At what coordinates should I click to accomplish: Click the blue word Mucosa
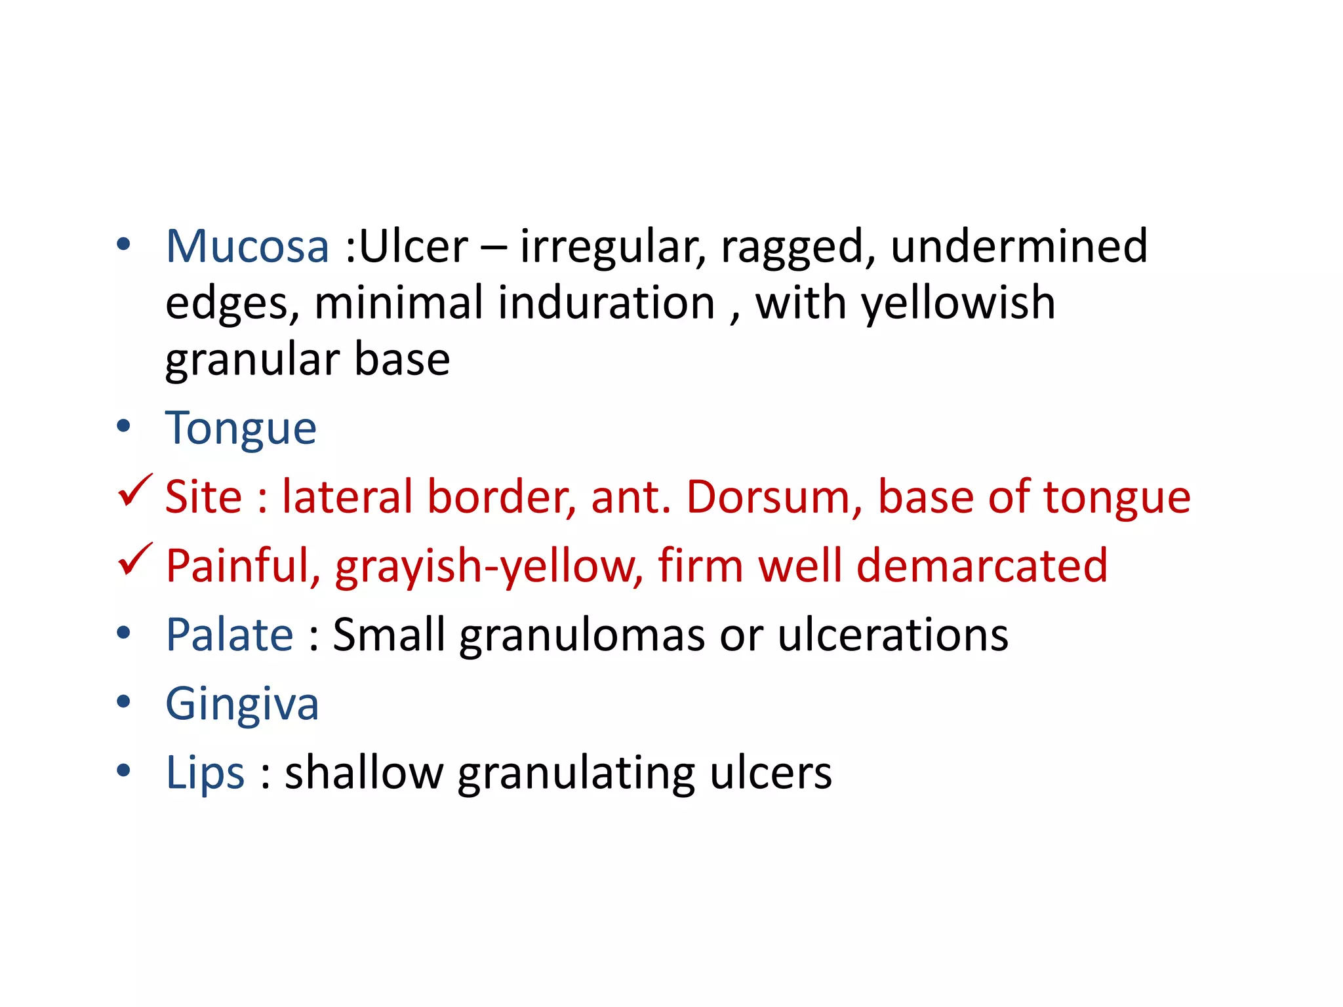(247, 247)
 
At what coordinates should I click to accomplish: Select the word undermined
(1018, 247)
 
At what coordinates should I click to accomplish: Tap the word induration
(606, 304)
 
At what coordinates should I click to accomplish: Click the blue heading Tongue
(241, 429)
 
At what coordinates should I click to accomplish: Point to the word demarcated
(982, 566)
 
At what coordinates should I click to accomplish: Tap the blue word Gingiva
(242, 705)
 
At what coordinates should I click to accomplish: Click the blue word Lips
(205, 773)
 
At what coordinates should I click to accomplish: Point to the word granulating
(576, 774)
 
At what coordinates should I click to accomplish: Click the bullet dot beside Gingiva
(123, 702)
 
